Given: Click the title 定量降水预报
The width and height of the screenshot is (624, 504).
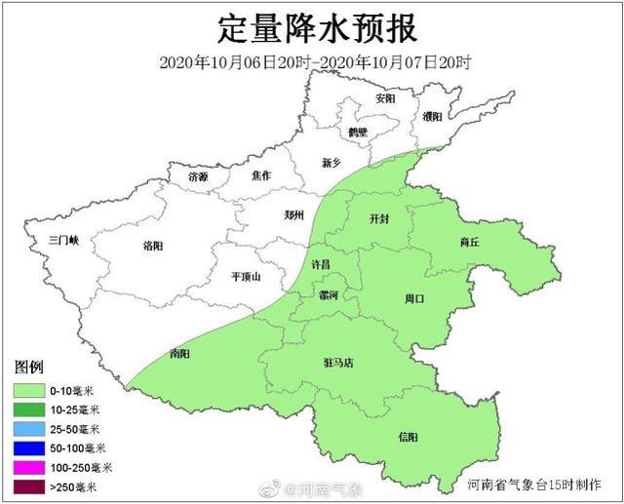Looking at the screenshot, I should (312, 26).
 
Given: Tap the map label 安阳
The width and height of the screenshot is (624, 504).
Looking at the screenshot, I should (385, 99).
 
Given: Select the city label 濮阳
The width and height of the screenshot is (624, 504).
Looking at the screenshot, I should (432, 116).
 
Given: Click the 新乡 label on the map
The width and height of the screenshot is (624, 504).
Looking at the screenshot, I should (332, 164).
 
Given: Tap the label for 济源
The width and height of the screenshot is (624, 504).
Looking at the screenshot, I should (198, 176).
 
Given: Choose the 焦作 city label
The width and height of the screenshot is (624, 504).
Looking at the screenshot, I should (260, 175).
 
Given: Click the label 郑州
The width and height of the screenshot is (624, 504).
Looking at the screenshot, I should (293, 214).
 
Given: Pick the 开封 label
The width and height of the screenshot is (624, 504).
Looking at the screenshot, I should (379, 219).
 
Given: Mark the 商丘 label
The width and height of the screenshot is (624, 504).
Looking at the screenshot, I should (469, 242).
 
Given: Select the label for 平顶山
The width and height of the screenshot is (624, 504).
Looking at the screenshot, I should (246, 277).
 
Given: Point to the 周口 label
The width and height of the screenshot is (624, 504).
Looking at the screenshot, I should (414, 298).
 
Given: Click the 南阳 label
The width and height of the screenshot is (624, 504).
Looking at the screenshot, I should (179, 353).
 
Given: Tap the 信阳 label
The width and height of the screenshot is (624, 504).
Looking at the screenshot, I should (409, 436).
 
